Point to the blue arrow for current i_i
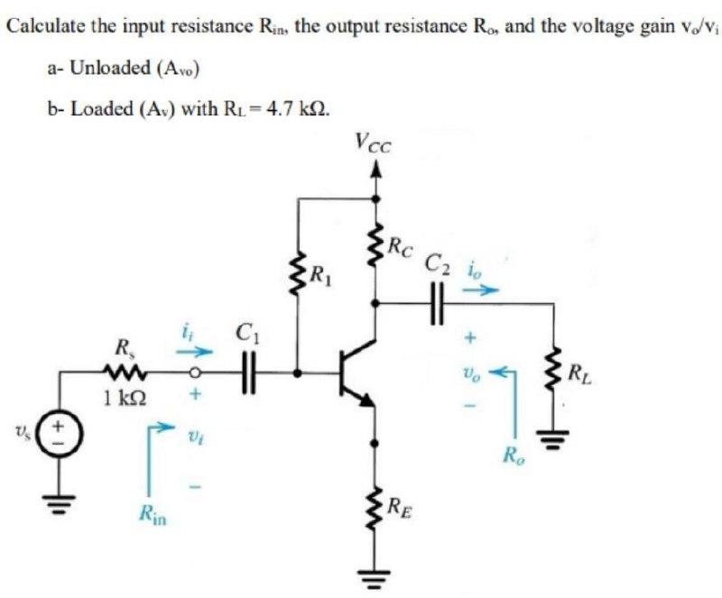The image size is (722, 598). tap(200, 349)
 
